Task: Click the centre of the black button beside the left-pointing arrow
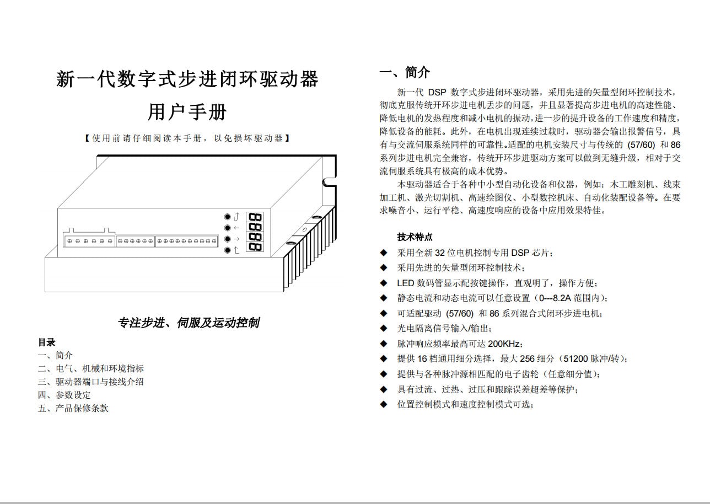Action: [227, 228]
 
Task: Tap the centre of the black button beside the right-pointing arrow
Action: [227, 239]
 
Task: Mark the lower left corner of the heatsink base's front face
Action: [45, 292]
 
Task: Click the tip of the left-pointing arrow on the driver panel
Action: [234, 228]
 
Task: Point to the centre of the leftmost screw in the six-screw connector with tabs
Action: [69, 242]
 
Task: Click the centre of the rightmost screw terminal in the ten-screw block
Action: [214, 242]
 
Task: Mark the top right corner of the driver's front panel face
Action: [271, 208]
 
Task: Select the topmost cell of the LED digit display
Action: [255, 217]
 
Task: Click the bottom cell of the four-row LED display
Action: [255, 246]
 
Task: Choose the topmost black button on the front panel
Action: [227, 217]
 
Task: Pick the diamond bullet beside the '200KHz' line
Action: [384, 344]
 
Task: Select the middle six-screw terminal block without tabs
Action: [136, 241]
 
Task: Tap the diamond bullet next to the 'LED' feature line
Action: [384, 283]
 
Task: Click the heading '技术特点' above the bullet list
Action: [415, 237]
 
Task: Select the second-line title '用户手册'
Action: [187, 112]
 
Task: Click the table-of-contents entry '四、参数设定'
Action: [64, 395]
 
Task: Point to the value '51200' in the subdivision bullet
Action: [575, 359]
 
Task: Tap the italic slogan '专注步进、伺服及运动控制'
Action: [189, 323]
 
